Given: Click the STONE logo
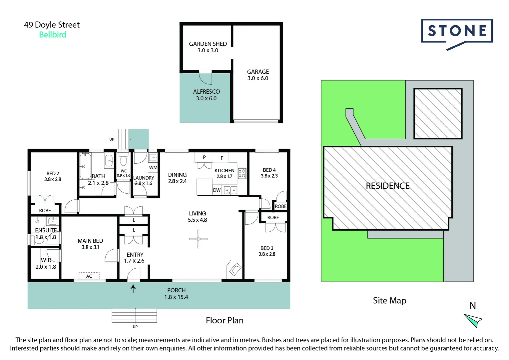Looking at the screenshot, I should tap(457, 31).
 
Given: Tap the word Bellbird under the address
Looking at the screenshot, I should tap(53, 35).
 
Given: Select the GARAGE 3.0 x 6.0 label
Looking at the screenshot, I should tap(258, 75).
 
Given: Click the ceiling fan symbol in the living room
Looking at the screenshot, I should tap(198, 239).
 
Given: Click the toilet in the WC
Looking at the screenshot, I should tap(123, 161).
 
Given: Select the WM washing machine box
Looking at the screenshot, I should tap(153, 168).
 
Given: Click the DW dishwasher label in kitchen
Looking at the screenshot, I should tap(217, 190).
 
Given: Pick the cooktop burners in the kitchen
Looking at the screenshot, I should tap(242, 173).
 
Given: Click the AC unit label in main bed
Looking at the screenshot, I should tap(89, 276).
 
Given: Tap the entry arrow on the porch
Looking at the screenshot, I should tap(133, 288).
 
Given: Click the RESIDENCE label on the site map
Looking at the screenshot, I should tap(388, 186).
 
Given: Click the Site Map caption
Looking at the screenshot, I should tap(389, 301).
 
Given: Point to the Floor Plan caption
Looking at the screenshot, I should tap(225, 320).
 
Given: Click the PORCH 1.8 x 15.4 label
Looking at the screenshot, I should tap(176, 294).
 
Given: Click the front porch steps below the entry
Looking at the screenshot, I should tap(134, 315).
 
